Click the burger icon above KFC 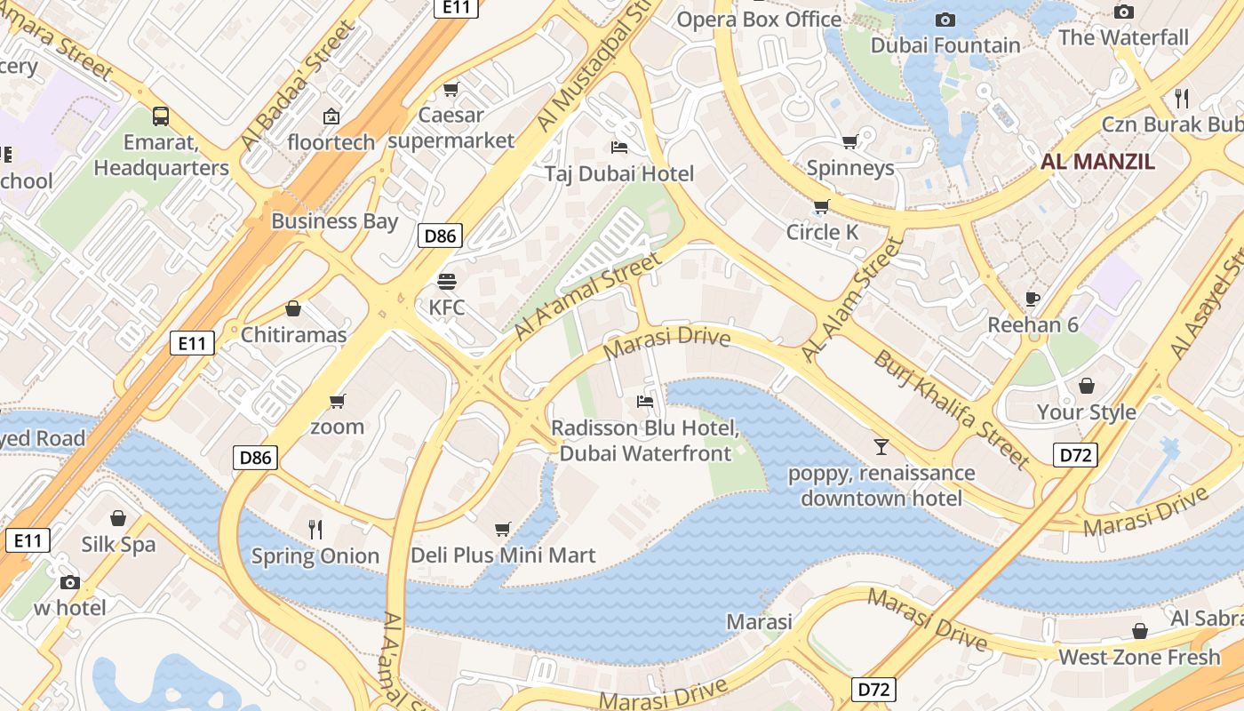pyautogui.click(x=447, y=282)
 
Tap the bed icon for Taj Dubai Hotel pyautogui.click(x=619, y=147)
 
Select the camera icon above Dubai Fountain pyautogui.click(x=945, y=20)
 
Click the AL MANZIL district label pyautogui.click(x=1097, y=162)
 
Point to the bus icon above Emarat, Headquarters pyautogui.click(x=161, y=116)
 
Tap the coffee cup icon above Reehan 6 pyautogui.click(x=1032, y=299)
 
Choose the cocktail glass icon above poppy pyautogui.click(x=881, y=446)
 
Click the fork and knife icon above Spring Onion pyautogui.click(x=315, y=530)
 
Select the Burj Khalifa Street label pyautogui.click(x=952, y=410)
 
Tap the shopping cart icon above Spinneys pyautogui.click(x=850, y=141)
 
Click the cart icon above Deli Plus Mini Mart pyautogui.click(x=503, y=530)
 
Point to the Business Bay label pyautogui.click(x=334, y=221)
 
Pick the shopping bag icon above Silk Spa pyautogui.click(x=118, y=518)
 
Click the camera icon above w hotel pyautogui.click(x=69, y=583)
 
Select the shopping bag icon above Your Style pyautogui.click(x=1087, y=386)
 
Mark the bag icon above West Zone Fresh pyautogui.click(x=1139, y=631)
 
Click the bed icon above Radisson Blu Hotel pyautogui.click(x=645, y=402)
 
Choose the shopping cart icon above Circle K pyautogui.click(x=822, y=206)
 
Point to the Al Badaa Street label pyautogui.click(x=299, y=86)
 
